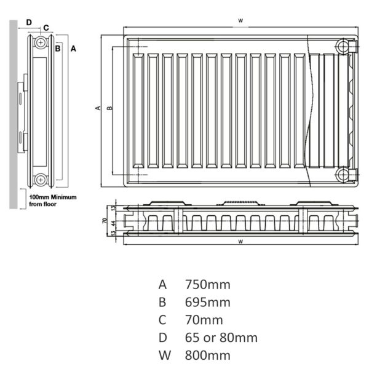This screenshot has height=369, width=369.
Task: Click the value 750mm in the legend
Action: pyautogui.click(x=208, y=285)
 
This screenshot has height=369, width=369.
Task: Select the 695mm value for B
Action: pyautogui.click(x=208, y=302)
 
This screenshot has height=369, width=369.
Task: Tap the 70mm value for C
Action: pyautogui.click(x=204, y=320)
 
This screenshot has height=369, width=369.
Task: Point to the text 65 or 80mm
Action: pyautogui.click(x=221, y=338)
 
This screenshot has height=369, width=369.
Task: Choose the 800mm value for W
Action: pyautogui.click(x=208, y=355)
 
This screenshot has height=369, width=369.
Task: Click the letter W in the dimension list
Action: pyautogui.click(x=164, y=355)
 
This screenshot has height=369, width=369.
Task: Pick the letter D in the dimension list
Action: pyautogui.click(x=162, y=338)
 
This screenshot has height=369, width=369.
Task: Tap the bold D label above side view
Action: pyautogui.click(x=29, y=23)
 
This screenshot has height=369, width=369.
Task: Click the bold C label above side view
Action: pyautogui.click(x=46, y=28)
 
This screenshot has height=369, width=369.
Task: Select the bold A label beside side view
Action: pyautogui.click(x=73, y=49)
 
